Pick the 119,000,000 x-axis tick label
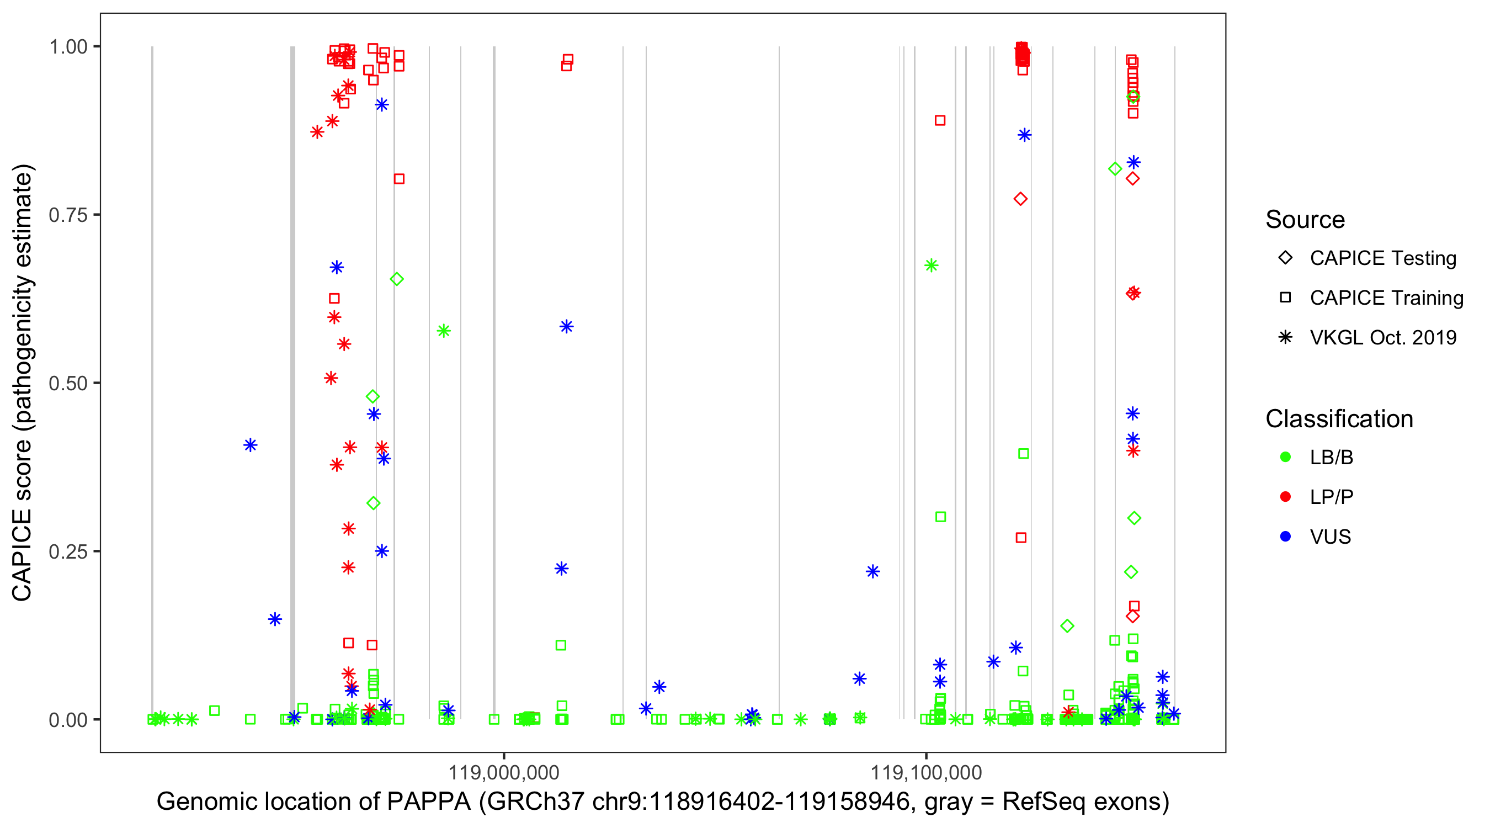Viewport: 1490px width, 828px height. pyautogui.click(x=504, y=772)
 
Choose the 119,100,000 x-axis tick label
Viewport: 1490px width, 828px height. pyautogui.click(x=926, y=772)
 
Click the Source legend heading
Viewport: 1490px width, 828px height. pyautogui.click(x=1305, y=219)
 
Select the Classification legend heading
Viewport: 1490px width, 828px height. pyautogui.click(x=1339, y=418)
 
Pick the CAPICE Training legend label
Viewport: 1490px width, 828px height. pyautogui.click(x=1386, y=298)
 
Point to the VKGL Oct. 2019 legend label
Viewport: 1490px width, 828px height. pyautogui.click(x=1383, y=337)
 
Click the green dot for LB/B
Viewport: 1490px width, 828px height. pyautogui.click(x=1285, y=457)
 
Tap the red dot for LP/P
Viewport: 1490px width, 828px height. pyautogui.click(x=1285, y=496)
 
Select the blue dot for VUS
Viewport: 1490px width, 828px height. pyautogui.click(x=1285, y=537)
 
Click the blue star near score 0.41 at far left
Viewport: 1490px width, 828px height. pyautogui.click(x=251, y=445)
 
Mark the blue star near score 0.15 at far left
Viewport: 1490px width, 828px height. pyautogui.click(x=275, y=619)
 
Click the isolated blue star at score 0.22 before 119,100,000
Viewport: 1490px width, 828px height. pyautogui.click(x=873, y=572)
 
